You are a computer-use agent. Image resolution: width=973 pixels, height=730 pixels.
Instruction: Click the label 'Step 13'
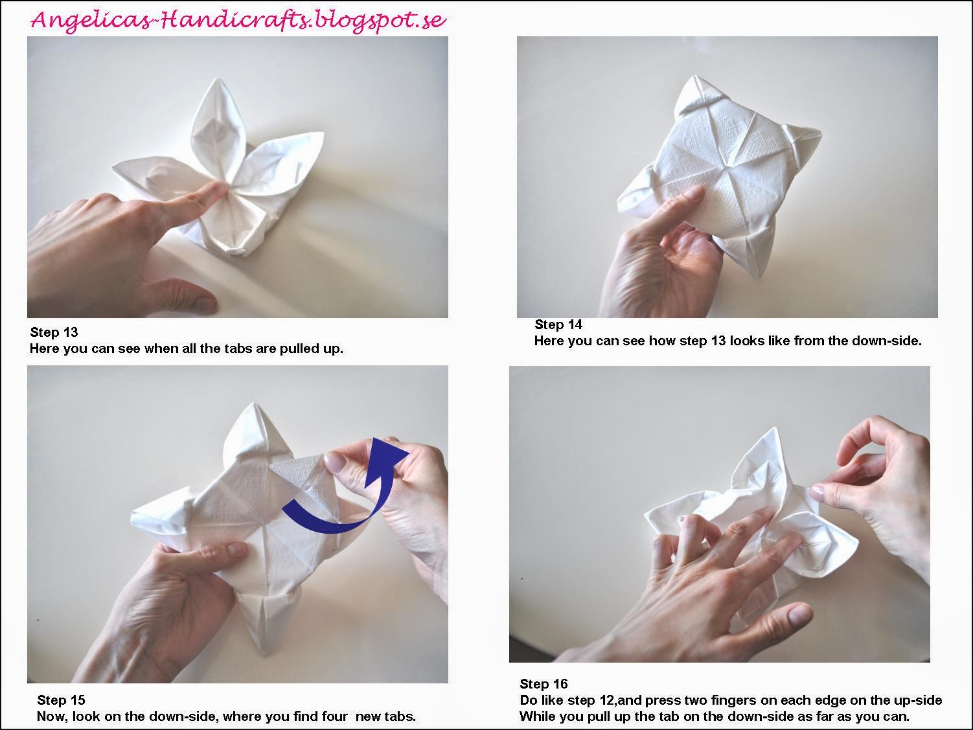[x=54, y=332]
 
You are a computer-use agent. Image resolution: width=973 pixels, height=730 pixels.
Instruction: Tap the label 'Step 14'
[x=558, y=325]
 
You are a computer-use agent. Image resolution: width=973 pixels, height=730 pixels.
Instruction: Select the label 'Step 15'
[x=61, y=700]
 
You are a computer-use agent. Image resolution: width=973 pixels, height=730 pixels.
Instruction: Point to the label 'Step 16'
[x=544, y=683]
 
